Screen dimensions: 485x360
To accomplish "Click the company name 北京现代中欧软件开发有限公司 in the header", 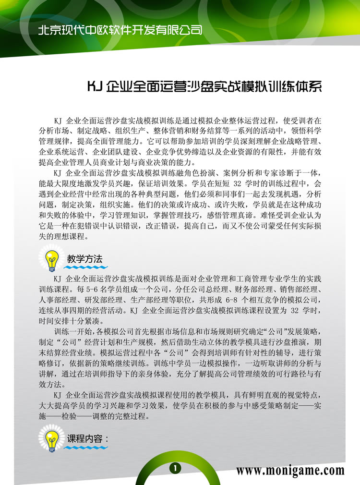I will click(x=120, y=30).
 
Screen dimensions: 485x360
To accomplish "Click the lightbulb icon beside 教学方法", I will click(x=51, y=259).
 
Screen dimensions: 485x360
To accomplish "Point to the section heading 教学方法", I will click(x=85, y=259).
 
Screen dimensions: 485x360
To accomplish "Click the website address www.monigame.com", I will click(x=290, y=470).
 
